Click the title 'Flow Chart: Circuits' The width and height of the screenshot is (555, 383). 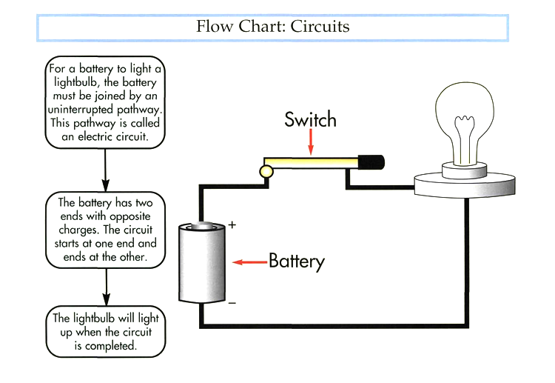click(x=272, y=27)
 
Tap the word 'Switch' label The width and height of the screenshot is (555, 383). click(x=310, y=119)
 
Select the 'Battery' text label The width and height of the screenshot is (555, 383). click(x=296, y=262)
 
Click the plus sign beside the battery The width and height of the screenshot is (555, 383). click(x=232, y=224)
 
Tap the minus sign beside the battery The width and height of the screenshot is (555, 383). click(x=232, y=302)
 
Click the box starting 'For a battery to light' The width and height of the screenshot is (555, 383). click(x=104, y=103)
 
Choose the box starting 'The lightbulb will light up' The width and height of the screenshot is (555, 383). click(x=106, y=331)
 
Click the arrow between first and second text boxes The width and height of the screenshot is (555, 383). click(x=106, y=170)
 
